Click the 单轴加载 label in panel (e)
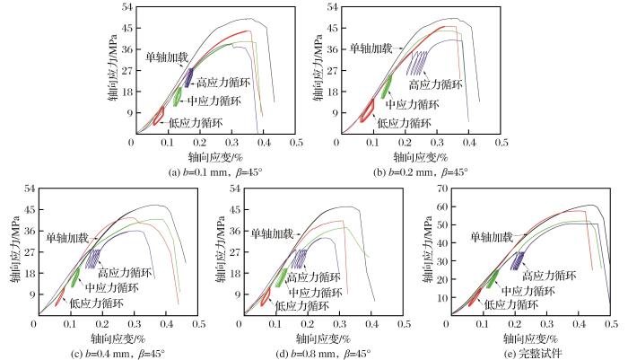click(492, 237)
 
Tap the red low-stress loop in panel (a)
click(158, 116)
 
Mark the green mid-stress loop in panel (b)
click(387, 86)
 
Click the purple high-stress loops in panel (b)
click(416, 61)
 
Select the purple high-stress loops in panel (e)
click(517, 260)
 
